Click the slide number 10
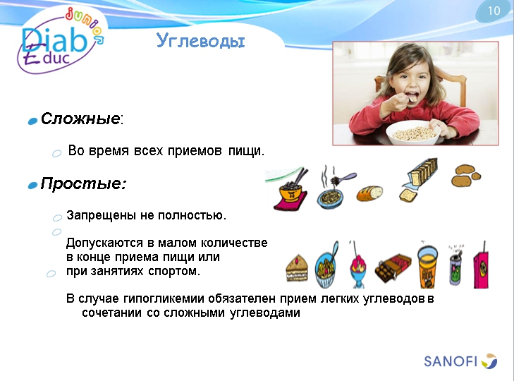pyautogui.click(x=493, y=11)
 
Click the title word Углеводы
pyautogui.click(x=200, y=42)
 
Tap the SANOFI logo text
pyautogui.click(x=451, y=361)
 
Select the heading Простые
pyautogui.click(x=82, y=184)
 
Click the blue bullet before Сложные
pyautogui.click(x=32, y=121)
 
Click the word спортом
pyautogui.click(x=174, y=271)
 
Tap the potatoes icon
pyautogui.click(x=466, y=174)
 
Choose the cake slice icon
pyautogui.click(x=297, y=268)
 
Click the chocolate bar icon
pyautogui.click(x=393, y=267)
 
